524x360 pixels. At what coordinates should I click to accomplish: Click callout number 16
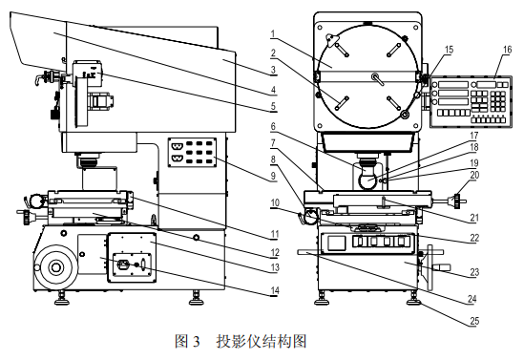tap(507, 50)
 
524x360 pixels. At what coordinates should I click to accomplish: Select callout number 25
tap(474, 321)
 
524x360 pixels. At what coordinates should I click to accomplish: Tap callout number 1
tap(273, 33)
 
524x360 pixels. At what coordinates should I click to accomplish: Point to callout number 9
tap(273, 176)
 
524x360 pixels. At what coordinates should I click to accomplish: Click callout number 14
tap(275, 291)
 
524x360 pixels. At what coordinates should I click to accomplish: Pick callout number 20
tap(474, 175)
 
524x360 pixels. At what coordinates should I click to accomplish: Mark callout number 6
tap(273, 126)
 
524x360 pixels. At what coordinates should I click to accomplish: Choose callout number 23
tap(474, 272)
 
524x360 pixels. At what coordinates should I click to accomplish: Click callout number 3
tap(273, 70)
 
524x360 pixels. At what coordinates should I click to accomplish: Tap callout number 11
tap(275, 234)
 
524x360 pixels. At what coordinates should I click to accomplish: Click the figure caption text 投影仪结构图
tap(262, 342)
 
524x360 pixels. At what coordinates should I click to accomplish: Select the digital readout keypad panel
tap(471, 102)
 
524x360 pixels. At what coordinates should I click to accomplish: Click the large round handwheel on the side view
tap(55, 266)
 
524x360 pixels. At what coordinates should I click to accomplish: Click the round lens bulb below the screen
tap(367, 179)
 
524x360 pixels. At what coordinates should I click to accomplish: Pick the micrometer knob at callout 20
tap(456, 201)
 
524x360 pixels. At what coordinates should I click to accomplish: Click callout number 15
tap(449, 50)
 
